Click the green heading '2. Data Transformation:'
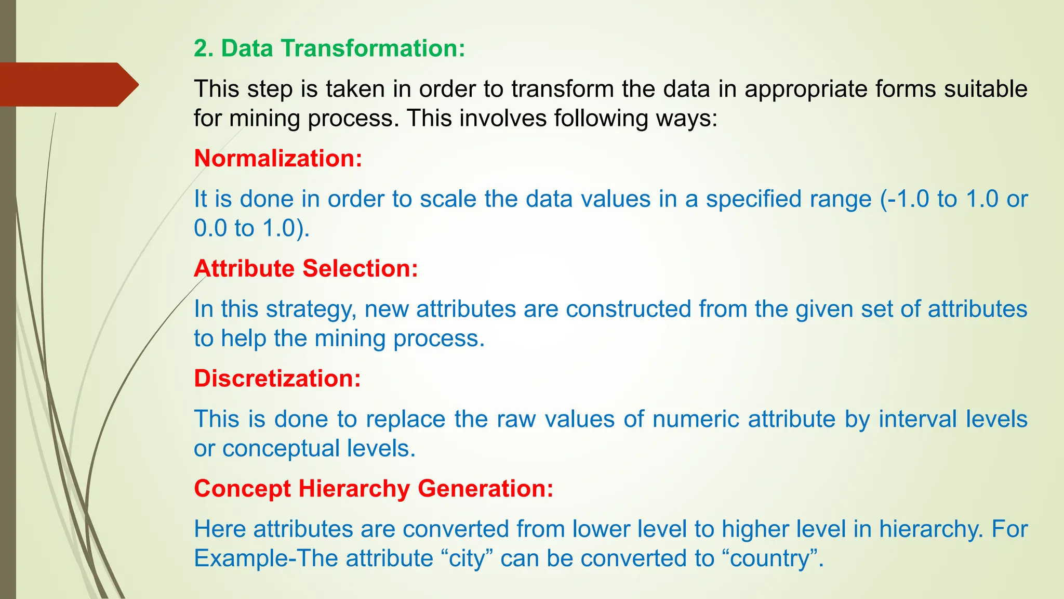[329, 48]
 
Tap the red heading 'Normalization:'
[278, 159]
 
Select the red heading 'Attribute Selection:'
[306, 269]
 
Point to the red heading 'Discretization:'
[277, 379]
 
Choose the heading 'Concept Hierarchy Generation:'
[374, 489]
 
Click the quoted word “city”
[467, 558]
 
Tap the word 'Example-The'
[265, 558]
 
